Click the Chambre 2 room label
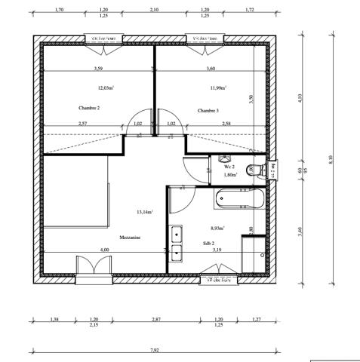[89, 108]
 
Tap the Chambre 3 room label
[208, 110]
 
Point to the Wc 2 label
[229, 166]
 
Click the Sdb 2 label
[208, 243]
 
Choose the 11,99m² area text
[219, 88]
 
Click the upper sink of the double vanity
[176, 232]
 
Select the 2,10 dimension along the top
[154, 11]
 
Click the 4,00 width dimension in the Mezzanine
[104, 250]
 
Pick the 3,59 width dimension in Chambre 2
[98, 69]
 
